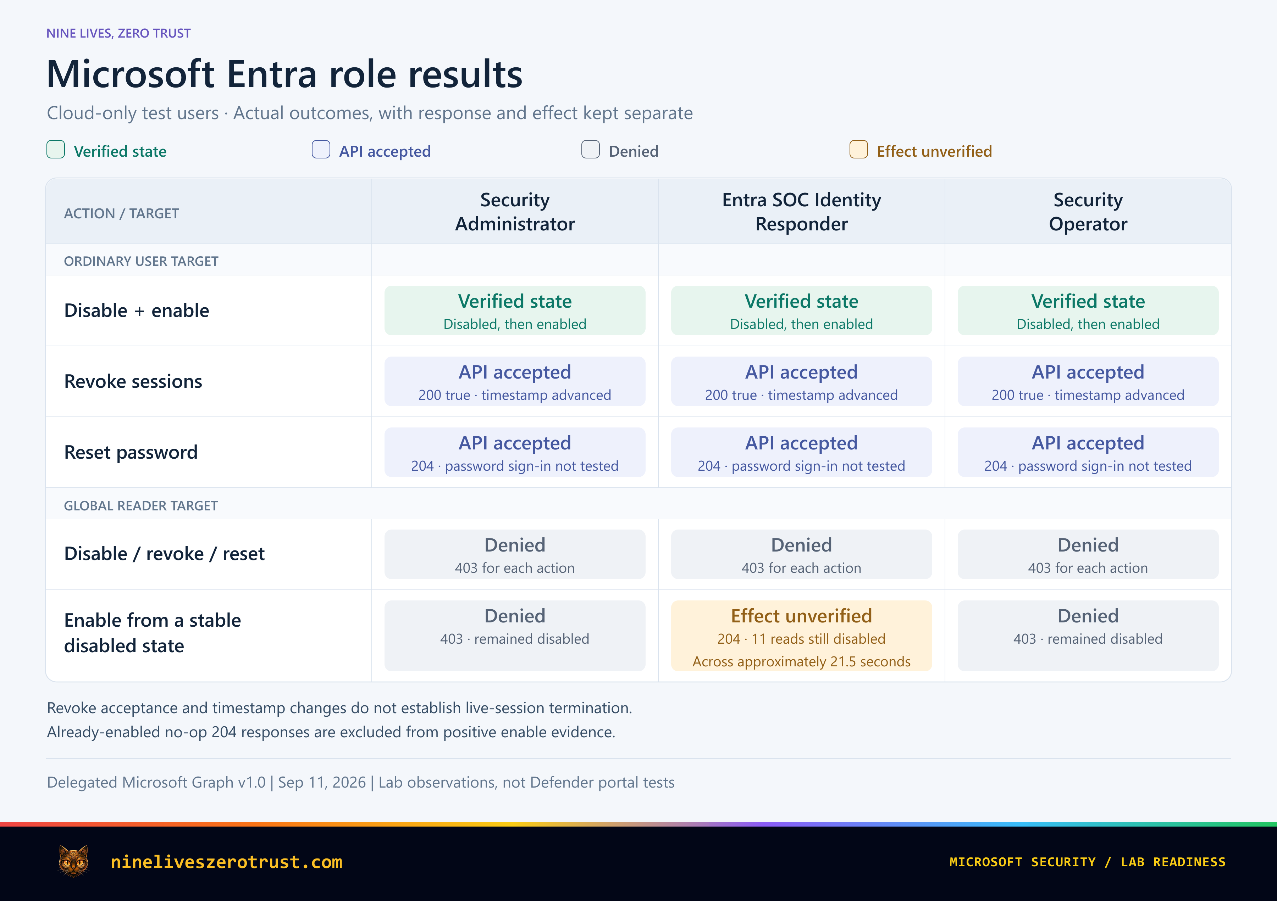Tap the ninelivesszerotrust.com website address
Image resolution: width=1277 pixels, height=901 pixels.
coord(226,862)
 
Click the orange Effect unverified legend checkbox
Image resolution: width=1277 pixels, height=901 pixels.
coord(858,150)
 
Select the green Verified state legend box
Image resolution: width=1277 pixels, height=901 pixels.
coord(56,150)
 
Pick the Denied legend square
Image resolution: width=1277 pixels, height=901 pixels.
coord(590,150)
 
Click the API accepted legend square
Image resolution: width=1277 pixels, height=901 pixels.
coord(321,150)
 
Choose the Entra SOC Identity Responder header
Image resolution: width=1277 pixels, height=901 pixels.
coord(801,212)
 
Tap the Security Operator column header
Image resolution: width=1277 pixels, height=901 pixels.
coord(1088,212)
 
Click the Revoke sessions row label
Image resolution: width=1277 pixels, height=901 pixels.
coord(133,381)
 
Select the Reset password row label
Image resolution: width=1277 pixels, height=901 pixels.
coord(131,452)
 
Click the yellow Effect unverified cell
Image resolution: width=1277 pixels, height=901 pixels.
coord(801,636)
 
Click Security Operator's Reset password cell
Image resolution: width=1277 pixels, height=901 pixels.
coord(1088,452)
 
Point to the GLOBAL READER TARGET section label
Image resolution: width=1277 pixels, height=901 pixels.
coord(141,506)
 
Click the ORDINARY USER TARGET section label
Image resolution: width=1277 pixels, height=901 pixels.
coord(141,261)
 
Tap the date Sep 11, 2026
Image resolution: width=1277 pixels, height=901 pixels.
coord(322,783)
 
